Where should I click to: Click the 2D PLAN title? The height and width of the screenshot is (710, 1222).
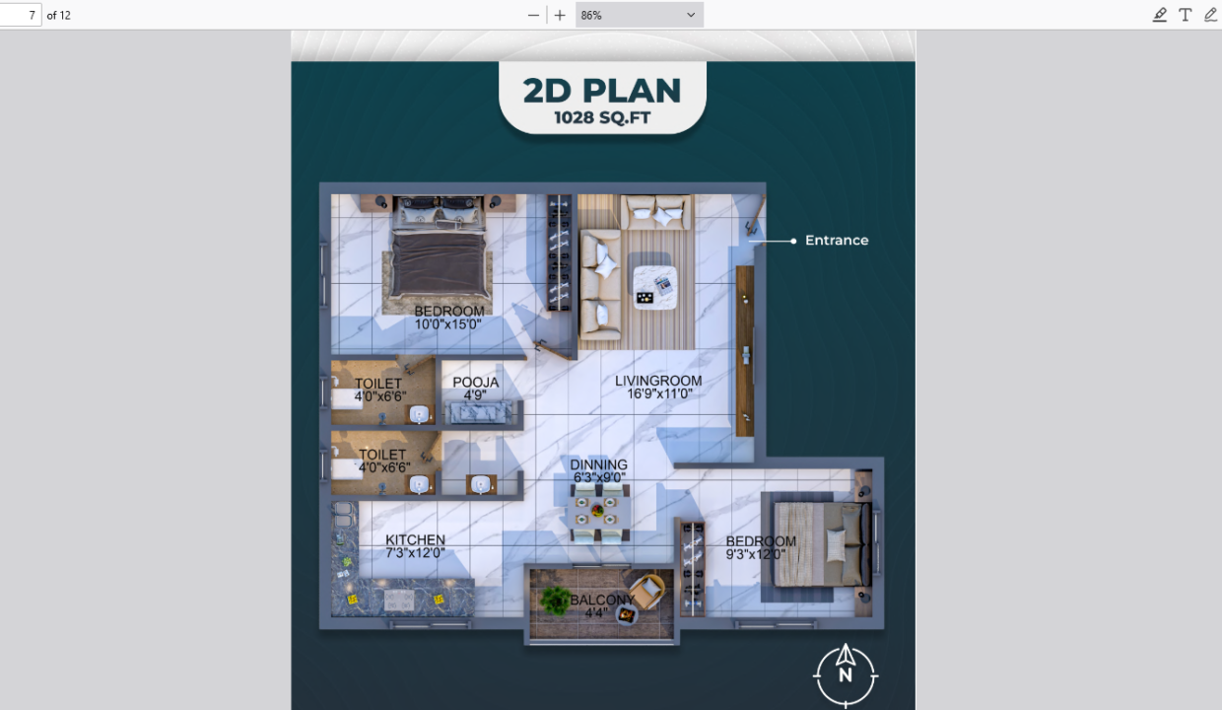click(602, 90)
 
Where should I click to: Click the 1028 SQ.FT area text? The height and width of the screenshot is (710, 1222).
click(602, 118)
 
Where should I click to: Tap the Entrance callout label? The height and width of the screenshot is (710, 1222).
click(837, 241)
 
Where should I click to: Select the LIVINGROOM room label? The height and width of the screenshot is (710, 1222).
click(658, 381)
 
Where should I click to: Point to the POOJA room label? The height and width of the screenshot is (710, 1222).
click(476, 383)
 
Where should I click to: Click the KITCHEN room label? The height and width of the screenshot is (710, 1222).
click(415, 539)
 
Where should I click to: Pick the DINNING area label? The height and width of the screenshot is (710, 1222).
click(598, 464)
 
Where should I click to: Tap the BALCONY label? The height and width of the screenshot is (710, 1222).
click(602, 600)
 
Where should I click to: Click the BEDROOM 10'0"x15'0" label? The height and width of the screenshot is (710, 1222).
click(449, 318)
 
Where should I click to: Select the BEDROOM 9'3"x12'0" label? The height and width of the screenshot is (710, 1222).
click(761, 547)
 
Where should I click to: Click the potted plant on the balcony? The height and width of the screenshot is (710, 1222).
click(556, 601)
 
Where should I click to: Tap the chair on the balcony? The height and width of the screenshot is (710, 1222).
click(647, 590)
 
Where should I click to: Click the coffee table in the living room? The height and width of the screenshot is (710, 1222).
click(654, 288)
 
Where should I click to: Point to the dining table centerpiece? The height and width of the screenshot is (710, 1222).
click(598, 511)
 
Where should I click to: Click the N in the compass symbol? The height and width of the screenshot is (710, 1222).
click(845, 675)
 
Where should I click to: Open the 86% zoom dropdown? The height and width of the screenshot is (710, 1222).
click(639, 15)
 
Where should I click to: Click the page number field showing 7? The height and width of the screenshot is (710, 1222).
click(20, 15)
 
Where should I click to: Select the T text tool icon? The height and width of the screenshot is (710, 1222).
click(1185, 15)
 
